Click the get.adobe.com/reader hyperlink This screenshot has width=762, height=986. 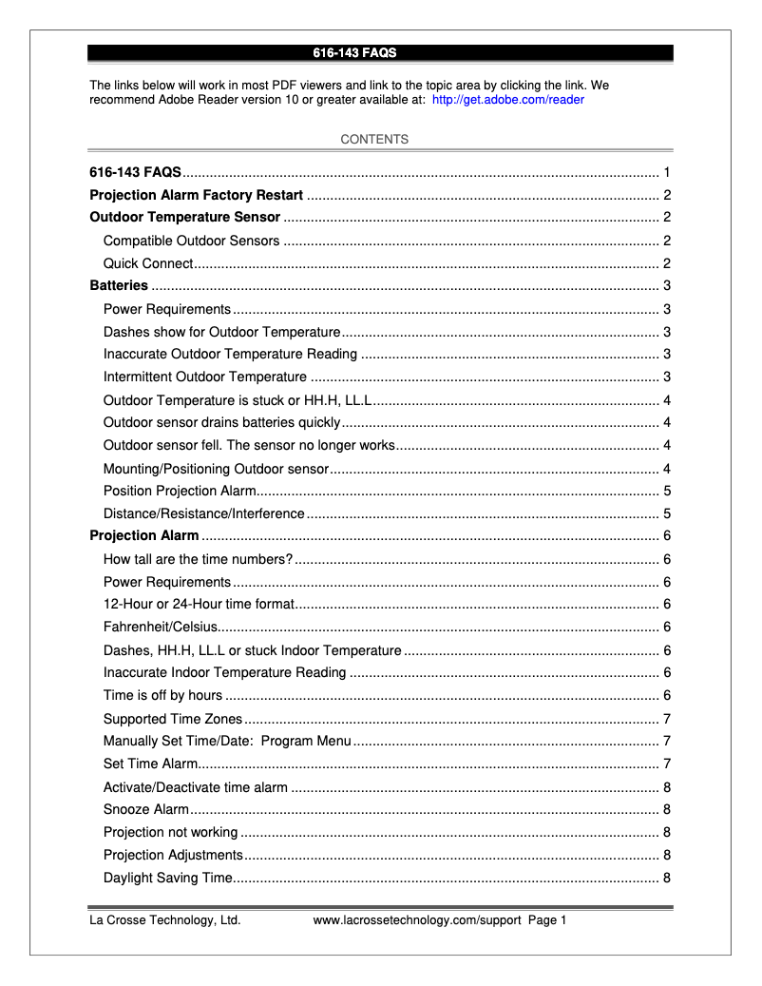tap(507, 99)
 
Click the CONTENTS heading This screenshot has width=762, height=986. tap(374, 140)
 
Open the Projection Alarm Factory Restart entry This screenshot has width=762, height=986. tap(196, 196)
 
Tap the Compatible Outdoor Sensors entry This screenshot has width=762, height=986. tap(191, 241)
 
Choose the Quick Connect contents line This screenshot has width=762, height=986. tap(148, 263)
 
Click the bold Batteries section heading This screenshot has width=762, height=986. tap(119, 285)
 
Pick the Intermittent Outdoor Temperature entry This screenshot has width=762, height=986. tap(204, 377)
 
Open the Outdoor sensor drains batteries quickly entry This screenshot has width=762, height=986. tap(221, 422)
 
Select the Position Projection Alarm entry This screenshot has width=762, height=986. tap(180, 491)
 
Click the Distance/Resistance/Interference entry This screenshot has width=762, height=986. tap(203, 513)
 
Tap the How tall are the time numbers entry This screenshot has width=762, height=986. tap(198, 559)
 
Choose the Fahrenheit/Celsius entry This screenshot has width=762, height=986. tap(161, 627)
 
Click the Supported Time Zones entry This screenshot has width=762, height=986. tap(172, 719)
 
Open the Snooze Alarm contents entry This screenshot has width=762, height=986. tap(146, 809)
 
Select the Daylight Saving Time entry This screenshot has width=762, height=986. tap(167, 878)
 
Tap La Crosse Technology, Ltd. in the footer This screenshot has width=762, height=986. tap(164, 920)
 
